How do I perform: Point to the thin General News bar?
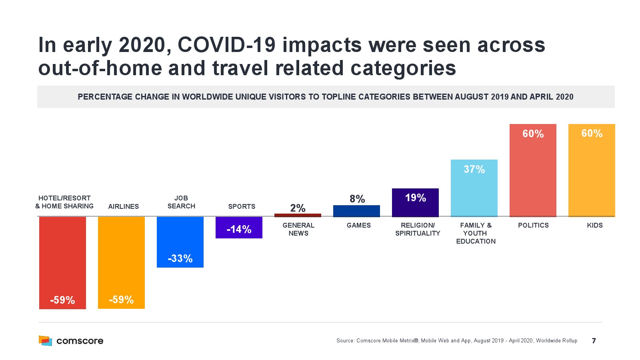point(298,215)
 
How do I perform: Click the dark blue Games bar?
point(356,211)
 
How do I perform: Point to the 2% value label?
point(298,208)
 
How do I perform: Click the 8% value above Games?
point(357,199)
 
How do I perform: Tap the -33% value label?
point(180,258)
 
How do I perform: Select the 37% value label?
point(474,169)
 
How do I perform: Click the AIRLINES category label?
point(123,206)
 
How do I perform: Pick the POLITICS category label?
point(533,225)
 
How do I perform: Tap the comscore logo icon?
point(45,340)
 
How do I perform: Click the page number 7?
point(594,341)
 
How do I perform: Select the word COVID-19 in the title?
point(227,45)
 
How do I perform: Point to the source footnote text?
point(457,341)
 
